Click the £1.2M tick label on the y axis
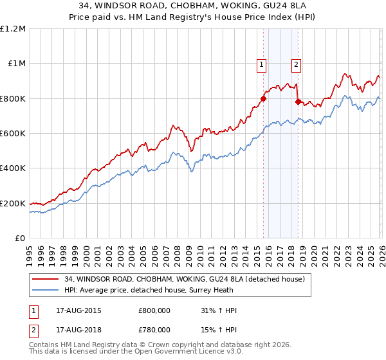(x=13, y=29)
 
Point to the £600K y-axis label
(x=13, y=134)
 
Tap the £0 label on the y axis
(x=19, y=239)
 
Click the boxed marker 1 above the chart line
(x=262, y=64)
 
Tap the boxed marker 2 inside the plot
(x=296, y=64)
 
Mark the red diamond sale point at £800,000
(x=263, y=98)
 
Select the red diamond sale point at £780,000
(x=297, y=102)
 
